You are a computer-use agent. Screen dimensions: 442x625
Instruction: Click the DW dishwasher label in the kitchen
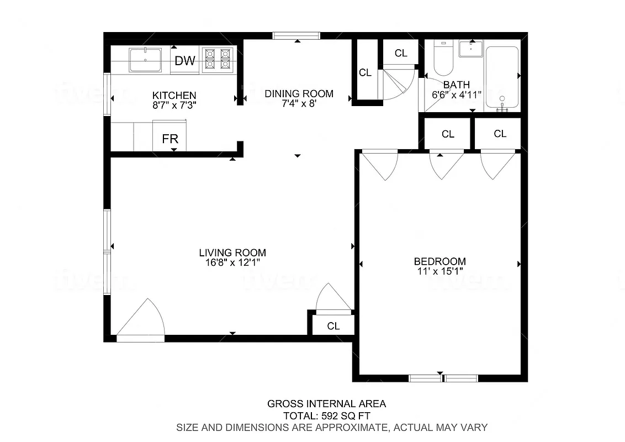[185, 61]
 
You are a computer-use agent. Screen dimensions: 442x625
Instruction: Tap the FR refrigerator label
[170, 139]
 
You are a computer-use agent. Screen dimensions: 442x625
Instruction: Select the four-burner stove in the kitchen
[217, 59]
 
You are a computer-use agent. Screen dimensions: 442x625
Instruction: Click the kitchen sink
[145, 60]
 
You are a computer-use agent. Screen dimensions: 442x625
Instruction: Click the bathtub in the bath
[502, 77]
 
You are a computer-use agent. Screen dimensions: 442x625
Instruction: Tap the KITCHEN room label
[174, 96]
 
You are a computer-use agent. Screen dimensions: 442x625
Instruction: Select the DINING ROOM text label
[299, 93]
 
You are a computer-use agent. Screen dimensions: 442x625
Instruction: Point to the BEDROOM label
[440, 261]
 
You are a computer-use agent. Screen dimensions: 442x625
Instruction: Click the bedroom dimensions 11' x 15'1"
[440, 271]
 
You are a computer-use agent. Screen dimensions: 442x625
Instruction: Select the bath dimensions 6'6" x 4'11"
[457, 94]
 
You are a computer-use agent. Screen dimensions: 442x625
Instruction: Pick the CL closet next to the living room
[333, 326]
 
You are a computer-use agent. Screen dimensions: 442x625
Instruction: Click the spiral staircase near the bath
[399, 83]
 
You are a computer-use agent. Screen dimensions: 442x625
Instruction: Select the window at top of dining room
[296, 36]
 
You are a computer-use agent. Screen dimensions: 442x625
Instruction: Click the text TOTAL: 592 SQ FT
[326, 415]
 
